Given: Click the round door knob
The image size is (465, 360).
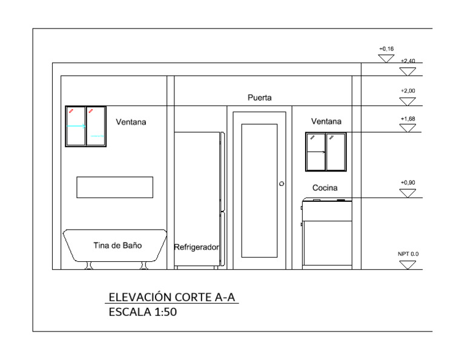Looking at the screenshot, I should (x=282, y=183).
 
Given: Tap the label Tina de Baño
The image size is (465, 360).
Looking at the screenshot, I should (x=117, y=245).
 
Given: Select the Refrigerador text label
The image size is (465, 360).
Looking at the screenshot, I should (x=196, y=247).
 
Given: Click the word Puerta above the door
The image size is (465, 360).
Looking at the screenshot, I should (x=260, y=98).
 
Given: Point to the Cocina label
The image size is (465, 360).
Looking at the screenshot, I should (x=325, y=188).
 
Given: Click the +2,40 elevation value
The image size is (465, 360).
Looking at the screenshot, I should (x=407, y=61).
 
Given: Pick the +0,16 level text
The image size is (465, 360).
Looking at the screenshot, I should (x=386, y=48).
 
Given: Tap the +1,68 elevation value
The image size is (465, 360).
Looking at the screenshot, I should (x=408, y=119).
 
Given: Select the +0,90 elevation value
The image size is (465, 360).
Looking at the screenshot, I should (x=408, y=182).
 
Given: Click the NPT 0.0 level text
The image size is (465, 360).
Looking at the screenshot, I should (x=407, y=255).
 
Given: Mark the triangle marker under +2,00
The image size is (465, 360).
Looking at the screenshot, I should (x=408, y=100).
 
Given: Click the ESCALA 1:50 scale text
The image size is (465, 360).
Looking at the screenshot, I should (x=143, y=313).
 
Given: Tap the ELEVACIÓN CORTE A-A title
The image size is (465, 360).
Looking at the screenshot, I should (x=172, y=297).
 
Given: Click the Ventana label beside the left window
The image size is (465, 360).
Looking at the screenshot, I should (x=131, y=122).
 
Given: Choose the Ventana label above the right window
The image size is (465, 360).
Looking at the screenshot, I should (x=326, y=121).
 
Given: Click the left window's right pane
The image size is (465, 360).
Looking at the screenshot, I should (x=96, y=127).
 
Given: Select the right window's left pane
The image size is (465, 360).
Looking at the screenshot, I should (x=315, y=152).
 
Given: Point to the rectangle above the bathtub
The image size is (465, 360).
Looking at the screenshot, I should (x=114, y=187).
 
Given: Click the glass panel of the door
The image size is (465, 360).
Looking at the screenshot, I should (x=259, y=191).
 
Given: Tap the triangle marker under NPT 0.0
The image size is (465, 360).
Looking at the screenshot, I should (x=408, y=264).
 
